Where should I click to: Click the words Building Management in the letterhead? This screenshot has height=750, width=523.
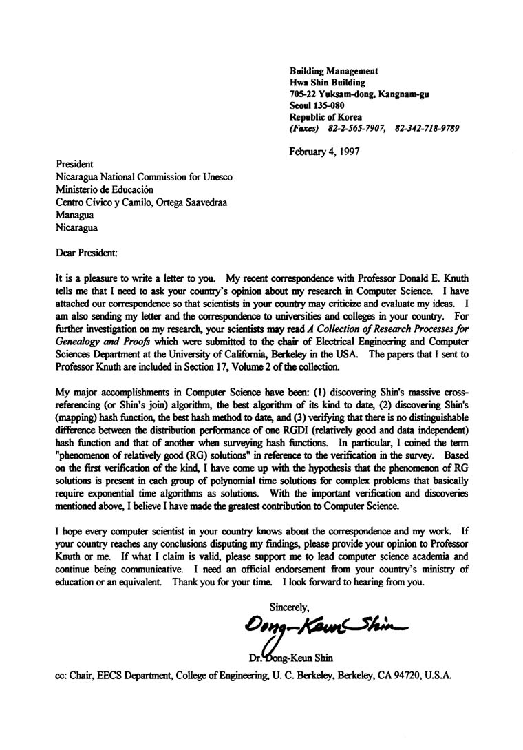click(334, 71)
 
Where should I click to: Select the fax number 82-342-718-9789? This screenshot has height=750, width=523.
click(427, 128)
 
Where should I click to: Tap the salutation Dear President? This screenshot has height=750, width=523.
click(87, 253)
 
